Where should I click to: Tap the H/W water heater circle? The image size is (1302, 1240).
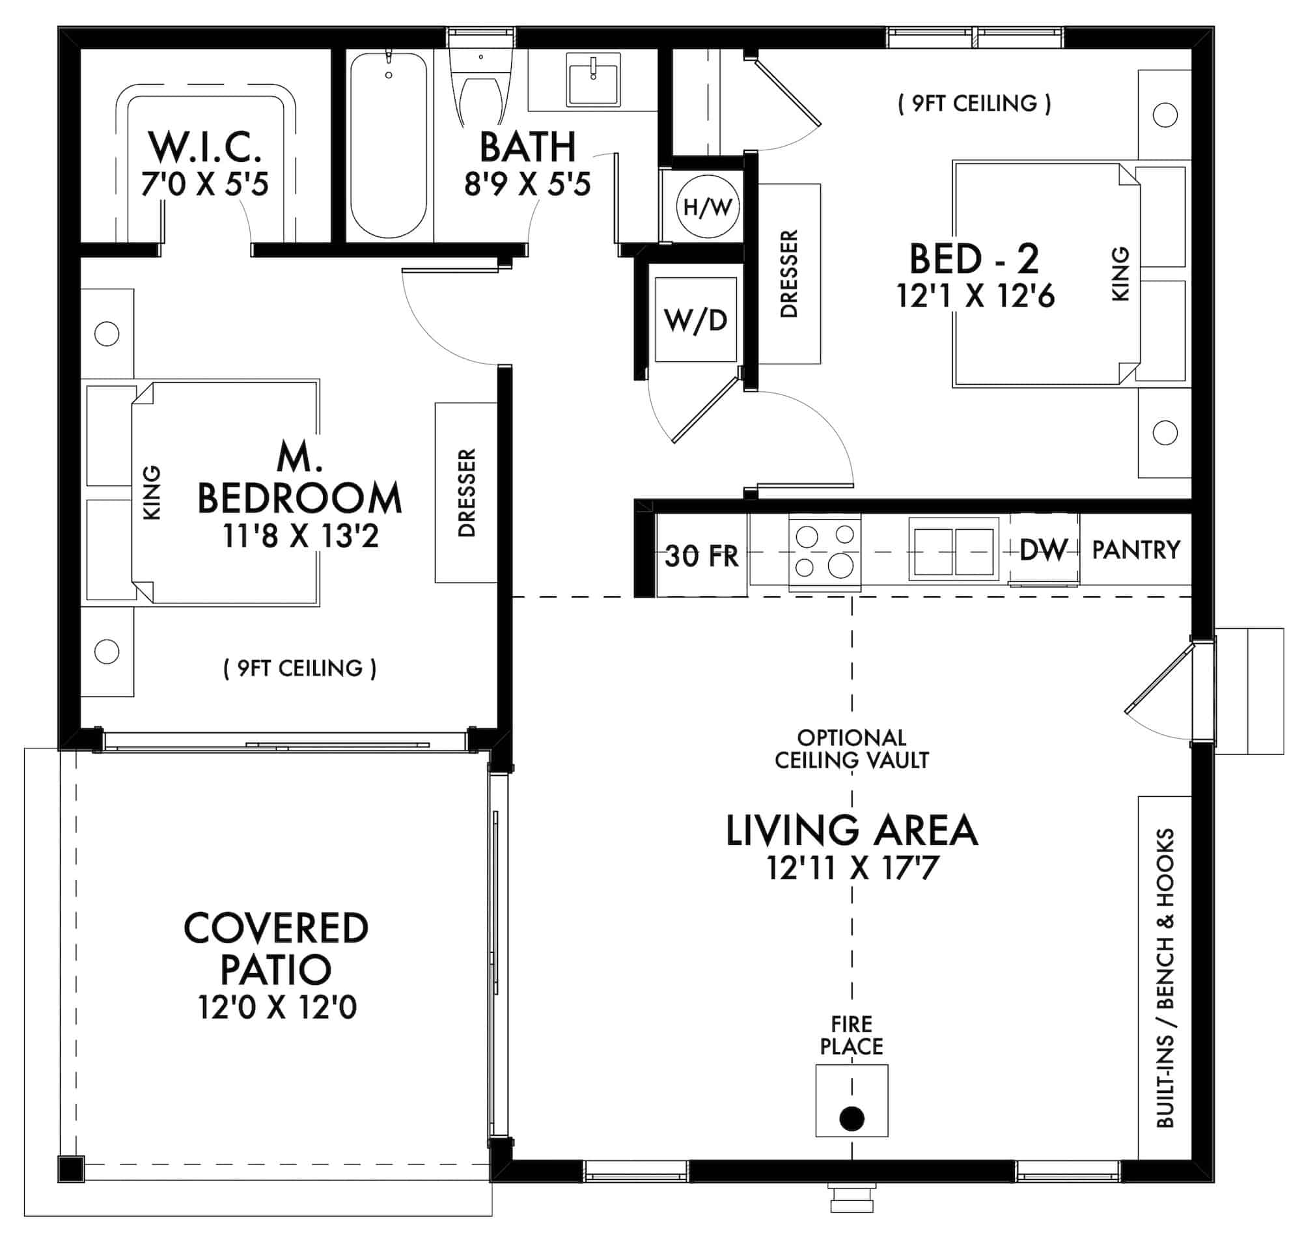[707, 207]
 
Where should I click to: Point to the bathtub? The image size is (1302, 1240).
[388, 145]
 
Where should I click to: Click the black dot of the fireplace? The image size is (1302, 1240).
[852, 1118]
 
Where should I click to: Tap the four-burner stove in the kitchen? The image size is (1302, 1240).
[824, 552]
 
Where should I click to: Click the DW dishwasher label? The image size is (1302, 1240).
[1044, 549]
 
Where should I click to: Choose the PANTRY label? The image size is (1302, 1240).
[1135, 549]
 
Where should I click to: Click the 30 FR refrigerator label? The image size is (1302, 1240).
[701, 556]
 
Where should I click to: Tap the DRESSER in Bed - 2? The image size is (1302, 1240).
[789, 273]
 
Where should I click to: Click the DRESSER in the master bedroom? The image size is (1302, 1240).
[466, 493]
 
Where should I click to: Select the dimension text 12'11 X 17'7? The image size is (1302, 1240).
[852, 868]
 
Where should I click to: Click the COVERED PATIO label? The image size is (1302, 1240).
[275, 948]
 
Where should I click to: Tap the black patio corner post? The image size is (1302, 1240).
[70, 1169]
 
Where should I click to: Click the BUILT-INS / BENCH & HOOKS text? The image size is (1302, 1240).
[1165, 978]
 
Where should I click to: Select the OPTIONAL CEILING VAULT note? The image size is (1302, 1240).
[852, 749]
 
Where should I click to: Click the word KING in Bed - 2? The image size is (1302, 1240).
[1120, 273]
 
